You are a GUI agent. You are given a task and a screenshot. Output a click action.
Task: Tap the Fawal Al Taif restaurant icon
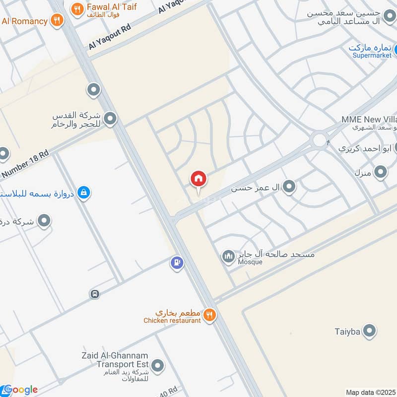76,8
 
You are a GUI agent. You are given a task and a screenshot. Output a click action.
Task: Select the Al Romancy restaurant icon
57,21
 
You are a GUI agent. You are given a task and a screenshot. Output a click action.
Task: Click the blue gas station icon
177,263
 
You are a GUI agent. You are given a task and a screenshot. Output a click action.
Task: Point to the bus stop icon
95,294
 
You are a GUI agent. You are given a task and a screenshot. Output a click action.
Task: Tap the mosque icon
228,257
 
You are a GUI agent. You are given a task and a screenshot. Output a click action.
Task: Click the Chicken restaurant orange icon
209,314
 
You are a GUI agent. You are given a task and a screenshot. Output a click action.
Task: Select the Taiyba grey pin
369,331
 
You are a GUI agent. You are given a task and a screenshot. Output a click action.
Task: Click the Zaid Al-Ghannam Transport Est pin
158,366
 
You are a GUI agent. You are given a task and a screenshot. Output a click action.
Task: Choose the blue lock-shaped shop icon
84,192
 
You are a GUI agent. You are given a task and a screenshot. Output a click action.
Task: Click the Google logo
20,390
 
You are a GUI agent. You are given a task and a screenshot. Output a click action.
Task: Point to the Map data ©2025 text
371,392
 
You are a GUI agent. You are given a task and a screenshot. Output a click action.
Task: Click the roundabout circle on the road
319,140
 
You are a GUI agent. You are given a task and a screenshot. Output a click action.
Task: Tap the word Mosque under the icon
250,262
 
